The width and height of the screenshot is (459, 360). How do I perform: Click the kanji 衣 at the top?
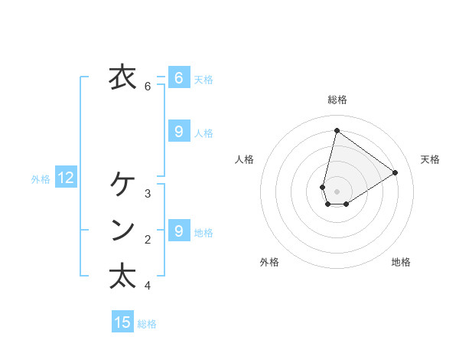(x=122, y=77)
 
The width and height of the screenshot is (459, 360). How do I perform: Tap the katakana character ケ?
(x=122, y=185)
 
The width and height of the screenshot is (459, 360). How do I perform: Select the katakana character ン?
(x=122, y=231)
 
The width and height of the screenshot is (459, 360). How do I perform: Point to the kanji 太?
(x=122, y=276)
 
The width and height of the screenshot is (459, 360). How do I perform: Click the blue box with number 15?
(x=122, y=322)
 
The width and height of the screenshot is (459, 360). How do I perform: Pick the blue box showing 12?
(x=66, y=178)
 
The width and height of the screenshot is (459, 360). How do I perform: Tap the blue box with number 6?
(x=178, y=77)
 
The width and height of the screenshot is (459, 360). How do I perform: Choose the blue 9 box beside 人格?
(x=178, y=132)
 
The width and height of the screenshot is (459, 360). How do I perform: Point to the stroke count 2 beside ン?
(x=148, y=240)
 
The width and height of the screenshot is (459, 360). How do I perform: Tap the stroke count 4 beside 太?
(x=148, y=286)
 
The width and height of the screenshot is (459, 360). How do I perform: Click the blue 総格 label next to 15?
(x=147, y=324)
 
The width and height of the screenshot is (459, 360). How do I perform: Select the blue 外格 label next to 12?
(x=41, y=179)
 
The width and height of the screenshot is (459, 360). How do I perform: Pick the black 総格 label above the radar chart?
(x=337, y=100)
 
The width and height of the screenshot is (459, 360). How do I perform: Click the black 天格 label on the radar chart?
(x=430, y=159)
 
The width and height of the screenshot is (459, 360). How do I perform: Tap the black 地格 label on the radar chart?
(x=401, y=262)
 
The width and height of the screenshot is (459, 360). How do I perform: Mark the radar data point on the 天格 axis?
(x=395, y=172)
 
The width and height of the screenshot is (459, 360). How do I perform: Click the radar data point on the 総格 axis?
(x=337, y=130)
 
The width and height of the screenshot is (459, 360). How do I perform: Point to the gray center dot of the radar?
(x=337, y=191)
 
